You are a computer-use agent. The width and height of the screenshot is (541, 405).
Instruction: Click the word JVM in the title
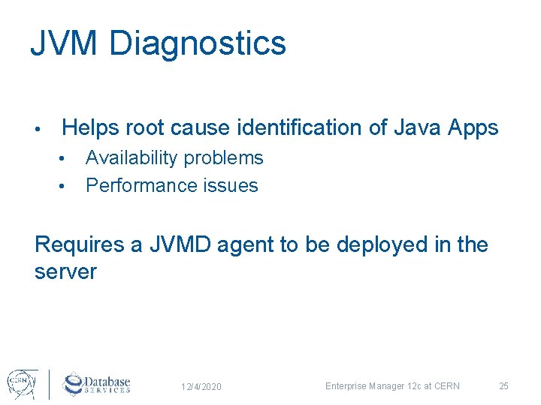[65, 43]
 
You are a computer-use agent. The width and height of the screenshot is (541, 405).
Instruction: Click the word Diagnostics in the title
[198, 43]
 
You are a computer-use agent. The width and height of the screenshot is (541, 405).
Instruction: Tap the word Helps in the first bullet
[90, 128]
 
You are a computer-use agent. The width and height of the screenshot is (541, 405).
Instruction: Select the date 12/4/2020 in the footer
[201, 387]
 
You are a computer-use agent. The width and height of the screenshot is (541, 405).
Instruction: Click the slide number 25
[504, 386]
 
